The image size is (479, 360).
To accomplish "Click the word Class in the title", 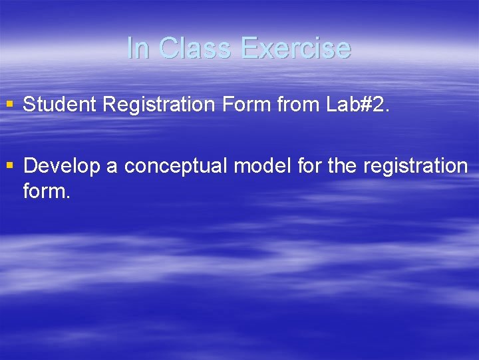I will click(x=196, y=48).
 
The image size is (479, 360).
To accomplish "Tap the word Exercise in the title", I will click(x=296, y=48).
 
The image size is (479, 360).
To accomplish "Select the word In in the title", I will click(x=138, y=48).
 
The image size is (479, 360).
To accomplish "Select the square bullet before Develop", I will click(x=9, y=165).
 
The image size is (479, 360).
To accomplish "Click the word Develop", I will click(x=62, y=165).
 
